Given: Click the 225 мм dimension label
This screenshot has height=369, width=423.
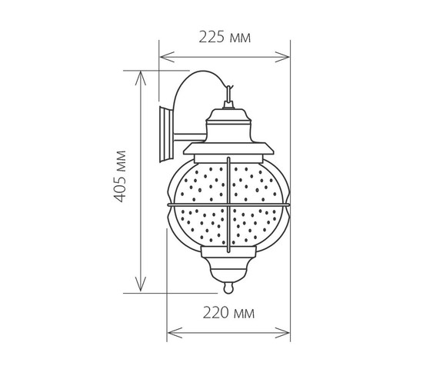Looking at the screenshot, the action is point(225,37).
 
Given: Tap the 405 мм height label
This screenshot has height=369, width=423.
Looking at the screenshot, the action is point(120,176).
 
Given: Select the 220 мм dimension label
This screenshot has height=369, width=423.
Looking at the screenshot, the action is point(228,313).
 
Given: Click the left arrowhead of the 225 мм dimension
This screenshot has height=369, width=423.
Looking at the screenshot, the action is point(167,57).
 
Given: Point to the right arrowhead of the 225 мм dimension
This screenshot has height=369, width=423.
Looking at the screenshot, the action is point(282,57).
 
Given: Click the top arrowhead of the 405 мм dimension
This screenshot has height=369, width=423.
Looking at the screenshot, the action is point(140,78).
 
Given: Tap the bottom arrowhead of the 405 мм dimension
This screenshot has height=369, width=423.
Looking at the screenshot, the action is point(140,284).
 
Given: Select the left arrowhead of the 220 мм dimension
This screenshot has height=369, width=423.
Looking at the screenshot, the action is point(175,333).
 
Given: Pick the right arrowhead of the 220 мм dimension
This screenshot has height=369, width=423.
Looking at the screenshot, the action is point(282,333).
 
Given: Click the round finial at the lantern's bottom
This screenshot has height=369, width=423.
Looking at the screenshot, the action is point(228,288).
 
